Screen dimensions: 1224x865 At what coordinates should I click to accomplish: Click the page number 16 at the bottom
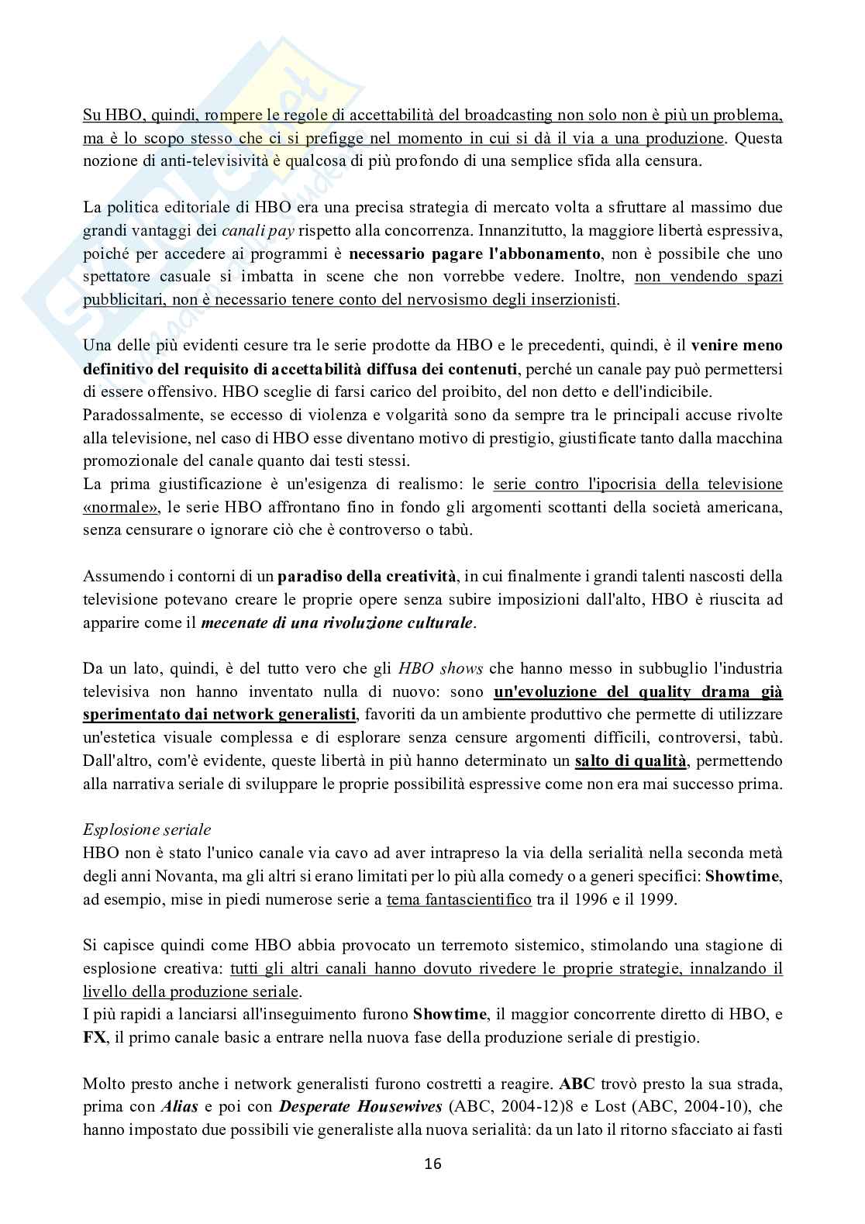[x=432, y=1164]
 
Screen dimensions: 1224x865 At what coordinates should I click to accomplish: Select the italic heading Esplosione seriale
[x=146, y=829]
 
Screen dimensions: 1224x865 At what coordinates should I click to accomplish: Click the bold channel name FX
[x=94, y=1037]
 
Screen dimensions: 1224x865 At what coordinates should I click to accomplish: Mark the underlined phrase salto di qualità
[x=630, y=760]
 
